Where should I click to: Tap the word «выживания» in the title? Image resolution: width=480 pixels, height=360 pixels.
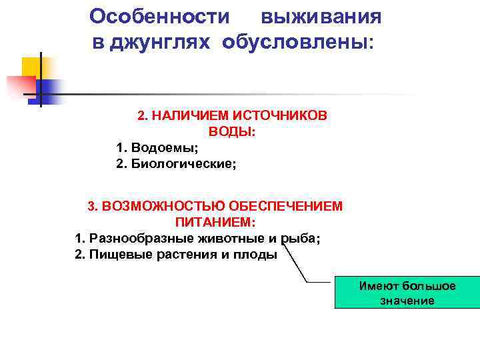coord(321,16)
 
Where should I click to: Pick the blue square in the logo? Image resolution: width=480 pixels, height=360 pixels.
coord(48,89)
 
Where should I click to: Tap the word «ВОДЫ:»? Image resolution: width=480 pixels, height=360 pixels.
coord(232,132)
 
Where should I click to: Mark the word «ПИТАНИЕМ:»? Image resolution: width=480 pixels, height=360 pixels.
coord(216,222)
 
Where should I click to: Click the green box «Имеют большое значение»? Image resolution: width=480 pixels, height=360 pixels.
coord(407,293)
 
